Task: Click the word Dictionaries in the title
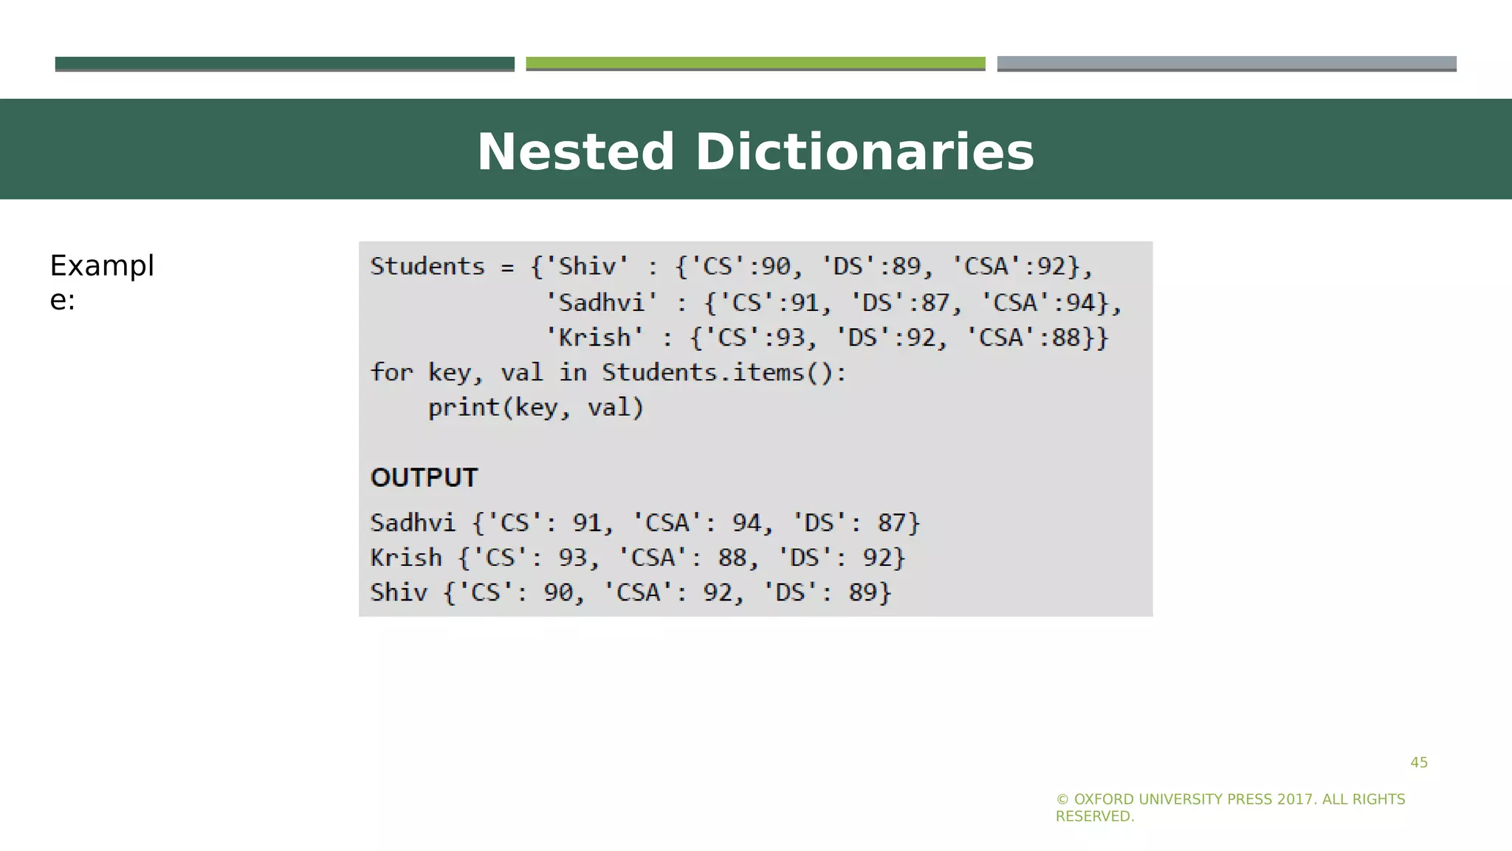865,152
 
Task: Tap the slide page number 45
1419,762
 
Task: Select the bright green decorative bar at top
755,64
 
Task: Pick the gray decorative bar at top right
1226,64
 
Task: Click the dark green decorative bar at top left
284,64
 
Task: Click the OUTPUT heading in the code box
425,478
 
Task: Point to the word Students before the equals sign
427,266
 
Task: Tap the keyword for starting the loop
391,372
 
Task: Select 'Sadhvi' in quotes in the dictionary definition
601,302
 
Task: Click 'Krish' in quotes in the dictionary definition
594,338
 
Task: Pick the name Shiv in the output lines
399,592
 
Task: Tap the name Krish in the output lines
406,558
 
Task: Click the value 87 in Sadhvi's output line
891,523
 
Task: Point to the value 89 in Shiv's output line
862,592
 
